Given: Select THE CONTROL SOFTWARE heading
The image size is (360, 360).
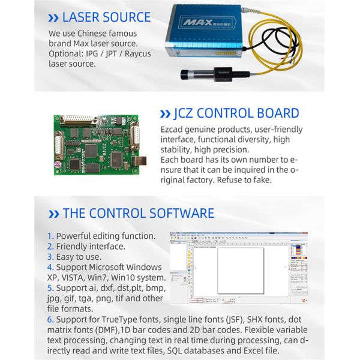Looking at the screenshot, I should [x=138, y=213].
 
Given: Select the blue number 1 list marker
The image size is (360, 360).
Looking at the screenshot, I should [x=50, y=236].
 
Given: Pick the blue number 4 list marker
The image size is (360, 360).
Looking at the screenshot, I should [x=50, y=267].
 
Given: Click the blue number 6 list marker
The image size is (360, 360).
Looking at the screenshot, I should [x=50, y=320].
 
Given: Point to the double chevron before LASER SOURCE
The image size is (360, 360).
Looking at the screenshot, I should [x=53, y=18].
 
